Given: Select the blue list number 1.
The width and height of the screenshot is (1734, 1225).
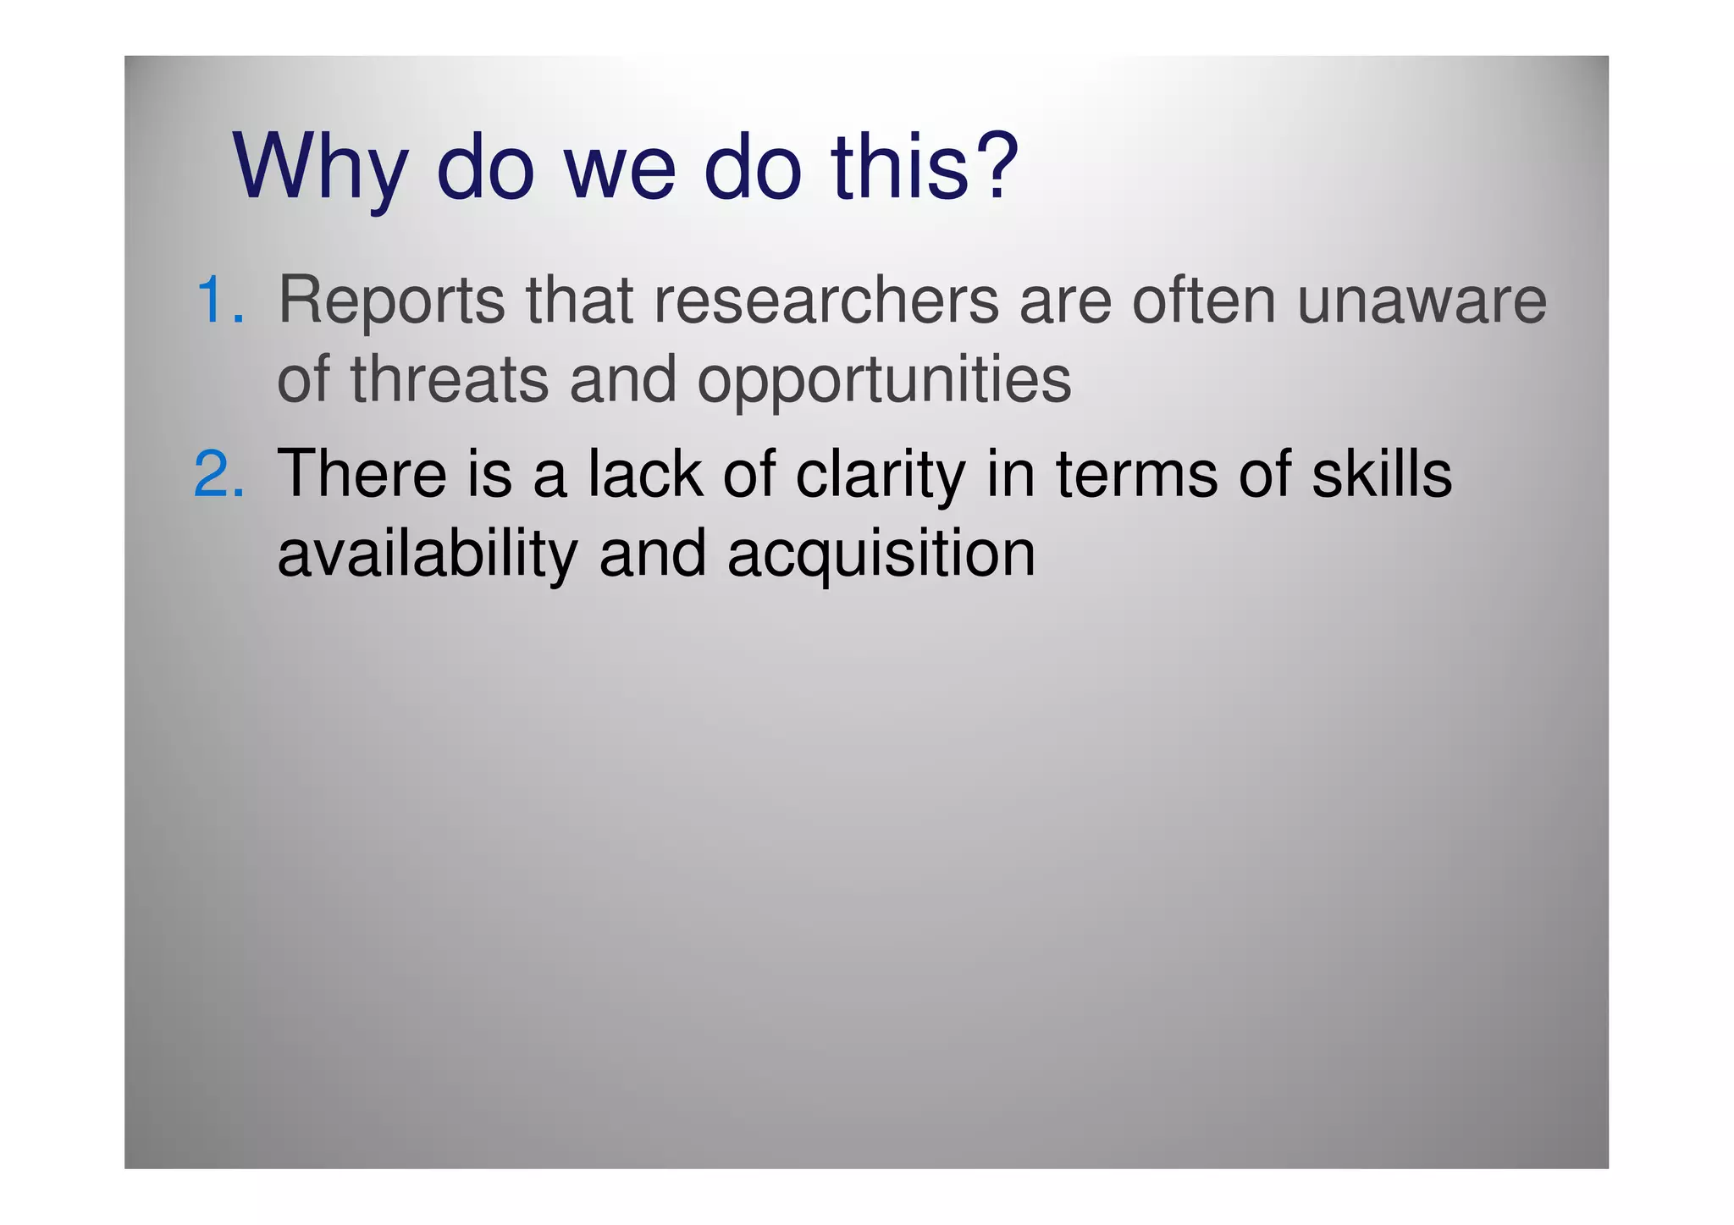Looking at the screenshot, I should click(x=219, y=301).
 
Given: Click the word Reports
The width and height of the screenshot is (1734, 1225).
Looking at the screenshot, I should click(x=391, y=301).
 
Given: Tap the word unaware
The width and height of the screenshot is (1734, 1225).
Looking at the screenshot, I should click(x=1422, y=301).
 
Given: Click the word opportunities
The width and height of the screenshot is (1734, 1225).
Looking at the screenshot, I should click(x=884, y=381).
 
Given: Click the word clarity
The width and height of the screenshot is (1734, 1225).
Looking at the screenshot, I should click(x=881, y=475).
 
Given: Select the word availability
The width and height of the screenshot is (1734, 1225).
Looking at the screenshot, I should click(x=428, y=555).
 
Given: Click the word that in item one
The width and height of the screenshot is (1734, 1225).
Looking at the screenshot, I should click(x=580, y=301).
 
